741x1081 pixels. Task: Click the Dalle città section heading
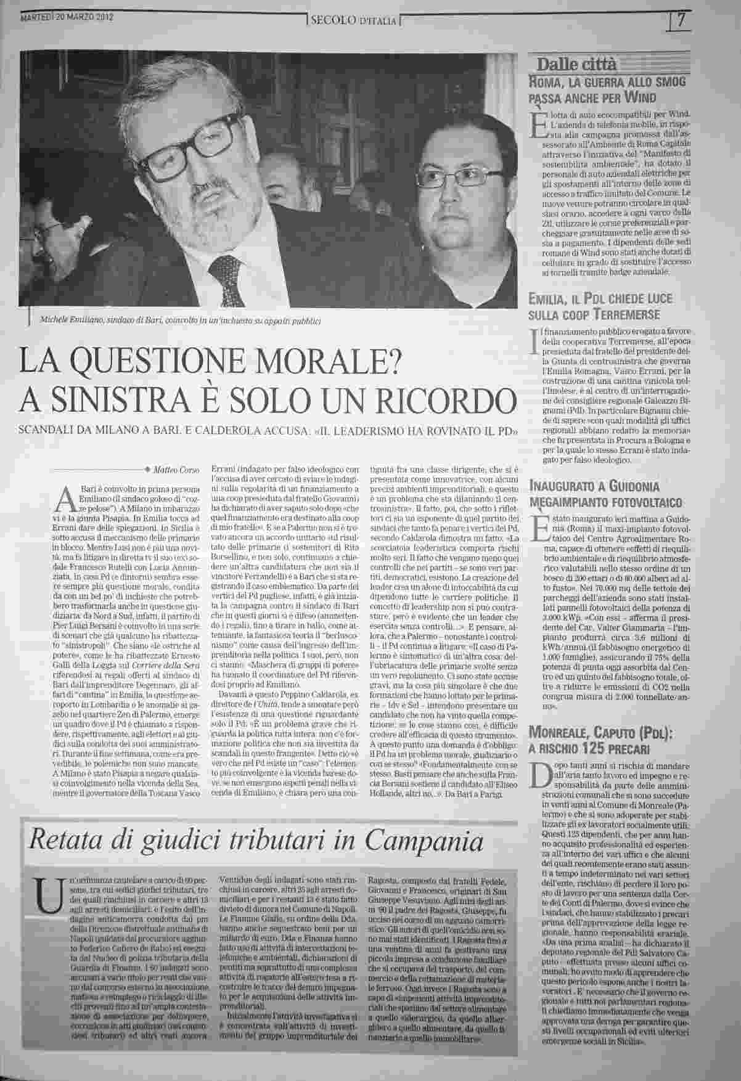click(x=570, y=65)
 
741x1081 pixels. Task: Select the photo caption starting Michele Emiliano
click(x=179, y=320)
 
